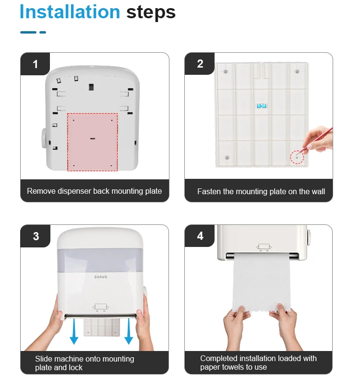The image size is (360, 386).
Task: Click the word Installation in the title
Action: [70, 12]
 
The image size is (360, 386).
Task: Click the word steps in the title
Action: [151, 13]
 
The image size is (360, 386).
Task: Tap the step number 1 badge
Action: [35, 64]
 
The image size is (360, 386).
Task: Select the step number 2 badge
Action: [200, 64]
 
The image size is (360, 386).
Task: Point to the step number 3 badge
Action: [36, 236]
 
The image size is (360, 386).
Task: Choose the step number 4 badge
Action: [200, 235]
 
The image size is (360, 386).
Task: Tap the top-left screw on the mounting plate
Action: [226, 71]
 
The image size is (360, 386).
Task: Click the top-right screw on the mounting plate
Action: [297, 71]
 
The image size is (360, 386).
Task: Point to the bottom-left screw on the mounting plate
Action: [227, 158]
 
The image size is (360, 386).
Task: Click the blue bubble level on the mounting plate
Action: [262, 106]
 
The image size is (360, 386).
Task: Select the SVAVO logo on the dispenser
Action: [101, 277]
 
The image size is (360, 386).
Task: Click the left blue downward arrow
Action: [74, 331]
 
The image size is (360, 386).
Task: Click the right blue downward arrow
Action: [129, 331]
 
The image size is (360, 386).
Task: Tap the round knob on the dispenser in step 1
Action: [44, 138]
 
